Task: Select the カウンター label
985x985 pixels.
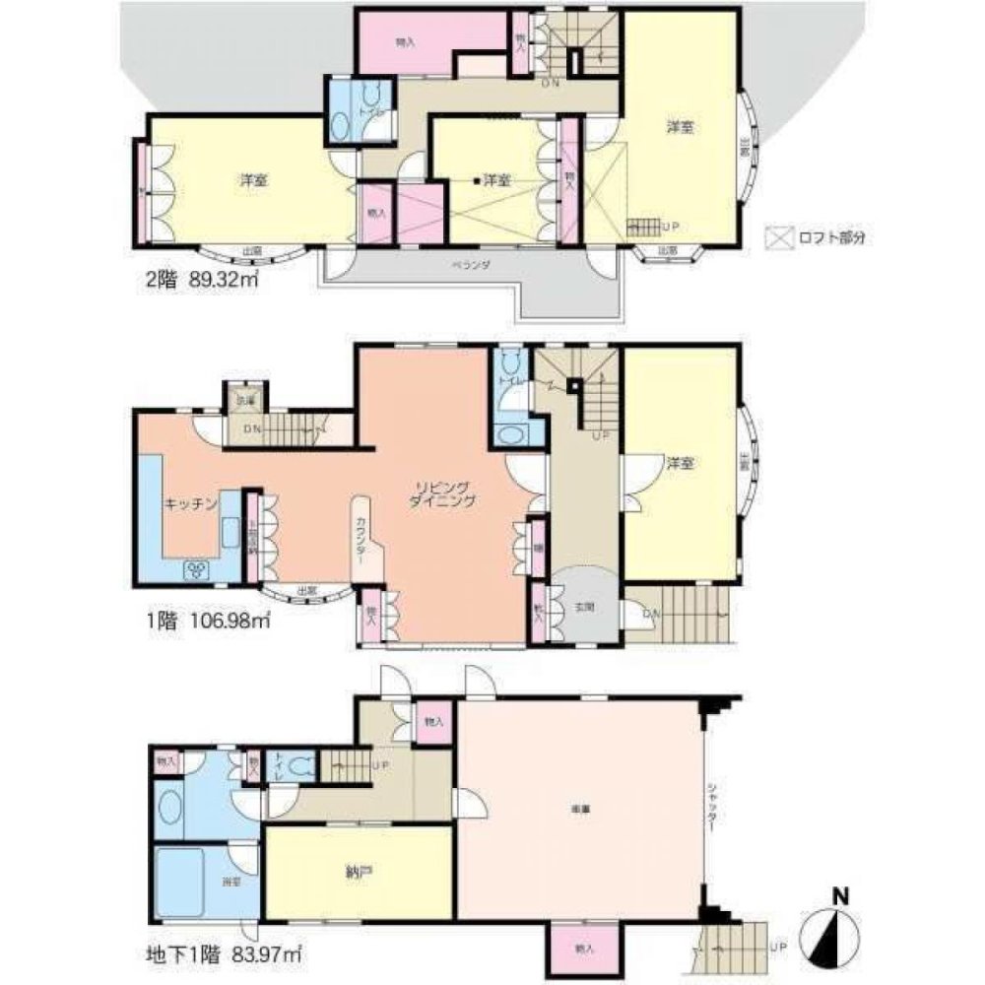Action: (363, 540)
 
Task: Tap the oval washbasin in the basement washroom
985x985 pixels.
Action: (167, 810)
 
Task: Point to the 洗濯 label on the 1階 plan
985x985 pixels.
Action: (242, 401)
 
